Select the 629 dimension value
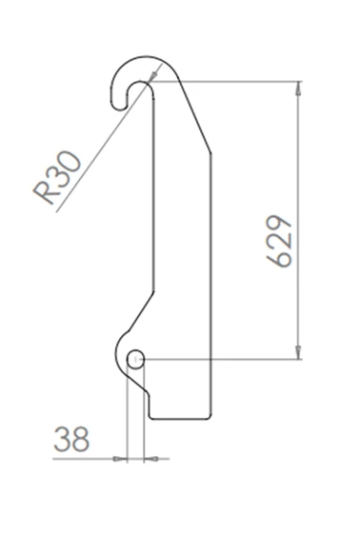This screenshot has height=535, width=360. coord(280,242)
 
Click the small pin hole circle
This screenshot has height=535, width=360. coord(135,359)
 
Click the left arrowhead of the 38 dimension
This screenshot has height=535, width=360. coord(121,459)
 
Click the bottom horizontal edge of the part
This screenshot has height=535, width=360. coord(180,418)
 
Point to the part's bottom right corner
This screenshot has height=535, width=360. coord(210,417)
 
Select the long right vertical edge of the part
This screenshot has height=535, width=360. coord(210,286)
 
